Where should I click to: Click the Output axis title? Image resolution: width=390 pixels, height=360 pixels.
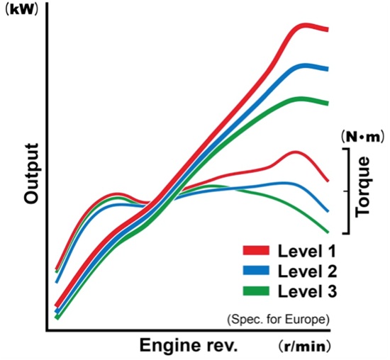(32, 174)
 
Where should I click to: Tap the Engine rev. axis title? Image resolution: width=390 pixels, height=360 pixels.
(189, 345)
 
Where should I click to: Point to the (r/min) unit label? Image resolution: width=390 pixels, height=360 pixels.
(304, 347)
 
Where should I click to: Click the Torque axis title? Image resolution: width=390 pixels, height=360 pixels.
(362, 187)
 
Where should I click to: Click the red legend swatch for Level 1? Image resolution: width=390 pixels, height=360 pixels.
(256, 250)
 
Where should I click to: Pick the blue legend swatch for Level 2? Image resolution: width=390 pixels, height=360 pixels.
(256, 270)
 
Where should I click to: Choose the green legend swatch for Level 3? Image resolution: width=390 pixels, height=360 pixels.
(256, 291)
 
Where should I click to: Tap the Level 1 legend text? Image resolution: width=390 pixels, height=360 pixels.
(307, 251)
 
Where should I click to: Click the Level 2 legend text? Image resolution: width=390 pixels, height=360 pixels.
(307, 271)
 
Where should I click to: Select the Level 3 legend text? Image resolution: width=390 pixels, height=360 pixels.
(307, 291)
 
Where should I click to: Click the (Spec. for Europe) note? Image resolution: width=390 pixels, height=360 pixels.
(278, 319)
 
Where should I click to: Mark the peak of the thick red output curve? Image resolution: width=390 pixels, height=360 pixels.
(304, 26)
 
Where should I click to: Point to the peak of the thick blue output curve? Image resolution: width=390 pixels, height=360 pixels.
(304, 66)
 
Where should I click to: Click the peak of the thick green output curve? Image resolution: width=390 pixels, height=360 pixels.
(301, 99)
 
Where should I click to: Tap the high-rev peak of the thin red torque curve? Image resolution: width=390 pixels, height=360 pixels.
(296, 152)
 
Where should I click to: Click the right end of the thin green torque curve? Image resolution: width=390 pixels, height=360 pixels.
(328, 232)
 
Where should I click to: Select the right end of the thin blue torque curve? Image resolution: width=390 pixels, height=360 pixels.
(328, 211)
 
